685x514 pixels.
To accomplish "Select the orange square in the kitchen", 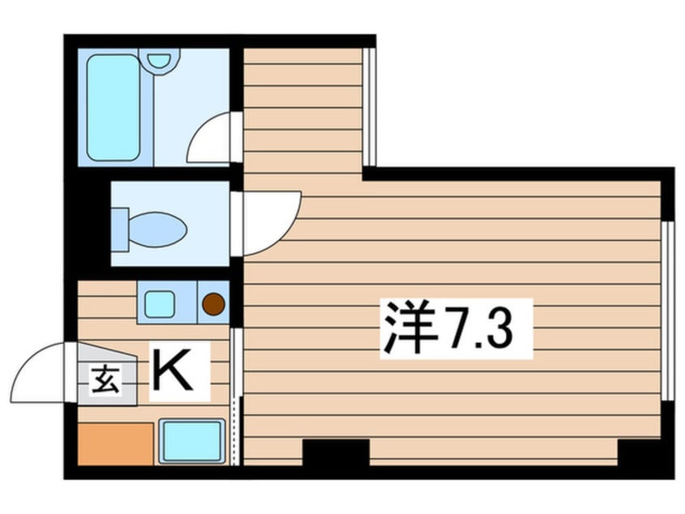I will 115,443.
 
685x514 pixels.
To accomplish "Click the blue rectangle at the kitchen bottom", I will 191,442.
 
